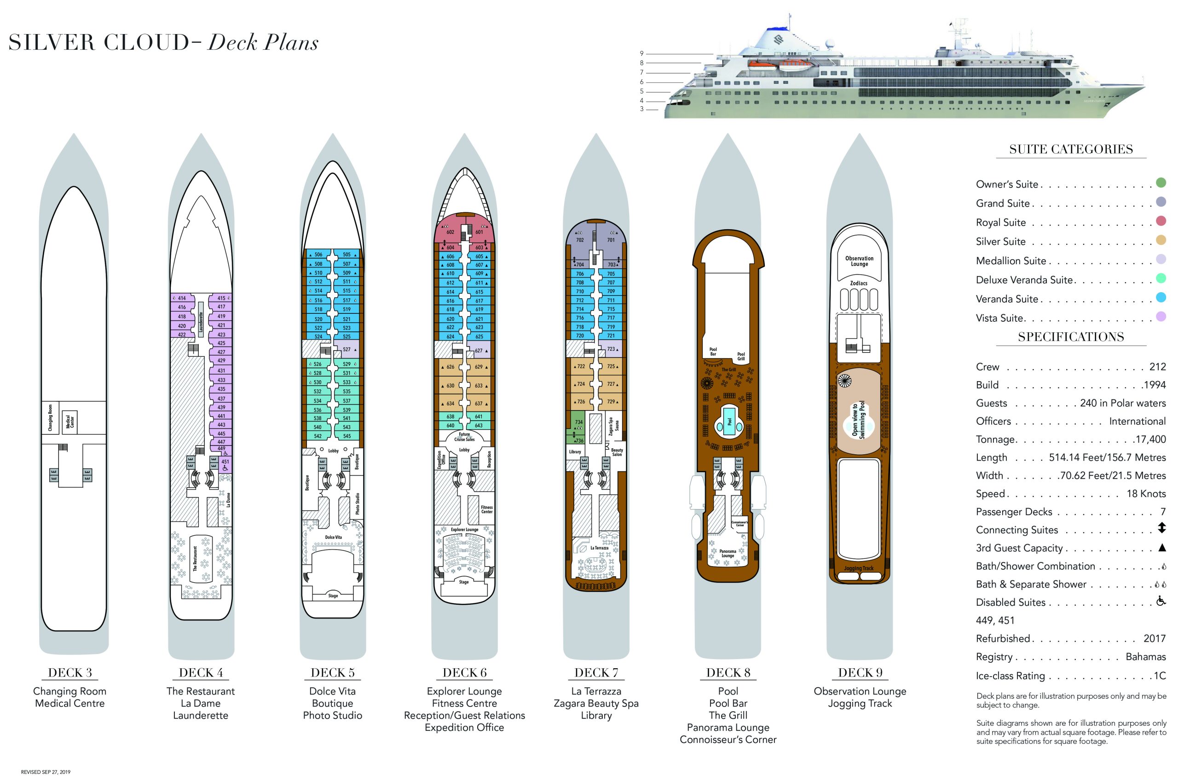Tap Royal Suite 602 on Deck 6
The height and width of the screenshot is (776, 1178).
coord(450,232)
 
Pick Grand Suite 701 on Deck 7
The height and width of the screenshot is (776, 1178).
coord(611,240)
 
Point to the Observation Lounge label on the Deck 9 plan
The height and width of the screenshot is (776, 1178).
coord(859,261)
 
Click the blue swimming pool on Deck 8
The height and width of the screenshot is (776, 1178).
coord(728,422)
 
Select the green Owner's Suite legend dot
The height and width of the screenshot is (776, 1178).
coord(1161,183)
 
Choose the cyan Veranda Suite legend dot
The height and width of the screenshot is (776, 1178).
coord(1161,298)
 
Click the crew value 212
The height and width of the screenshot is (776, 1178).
coord(1157,367)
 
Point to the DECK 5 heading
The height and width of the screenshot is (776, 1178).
coord(333,672)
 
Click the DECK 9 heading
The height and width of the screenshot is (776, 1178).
coord(860,672)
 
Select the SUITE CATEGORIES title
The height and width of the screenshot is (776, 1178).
coord(1071,150)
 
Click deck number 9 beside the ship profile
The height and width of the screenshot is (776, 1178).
coord(641,53)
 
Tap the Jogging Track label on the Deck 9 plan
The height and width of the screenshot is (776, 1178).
coord(859,568)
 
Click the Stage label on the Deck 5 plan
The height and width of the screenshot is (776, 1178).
coord(333,596)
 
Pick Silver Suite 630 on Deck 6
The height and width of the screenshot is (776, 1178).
coord(450,385)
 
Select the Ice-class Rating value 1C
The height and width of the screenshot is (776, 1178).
coord(1160,676)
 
